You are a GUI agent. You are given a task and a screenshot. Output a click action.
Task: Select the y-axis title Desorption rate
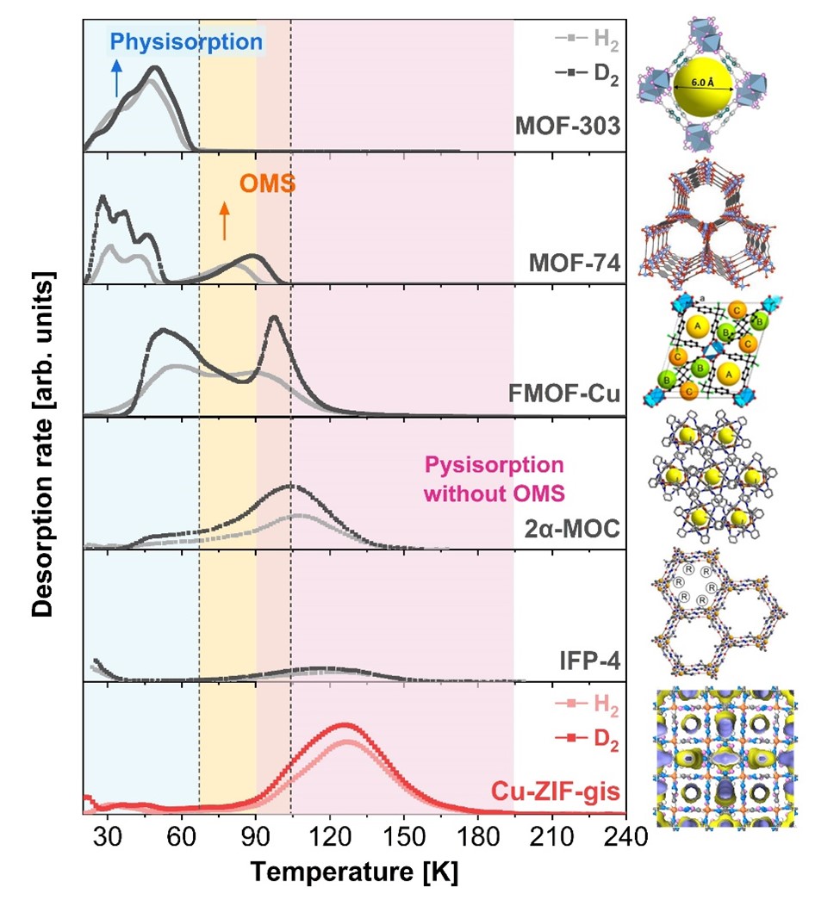point(40,445)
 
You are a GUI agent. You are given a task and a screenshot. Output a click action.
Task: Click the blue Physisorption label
point(185,41)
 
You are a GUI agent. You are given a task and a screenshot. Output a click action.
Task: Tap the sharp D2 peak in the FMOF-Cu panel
point(274,318)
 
